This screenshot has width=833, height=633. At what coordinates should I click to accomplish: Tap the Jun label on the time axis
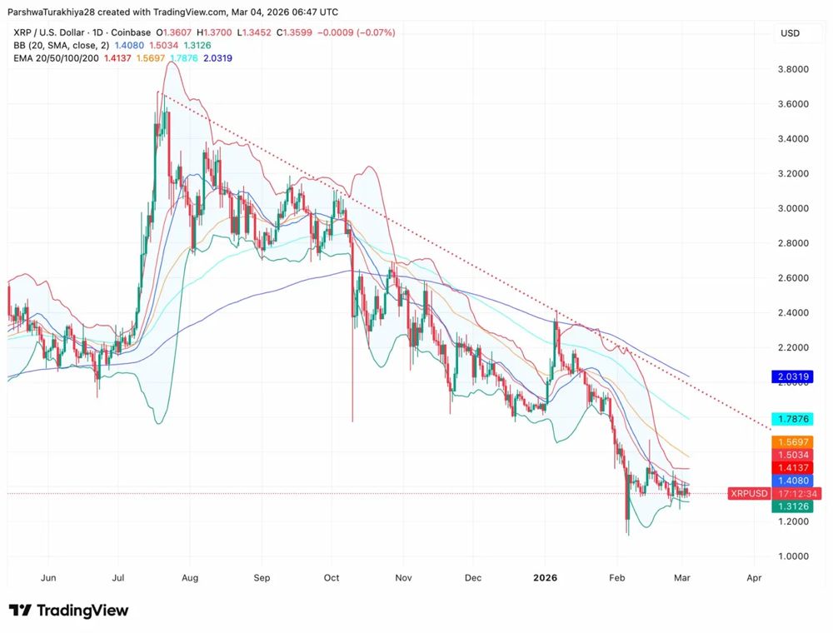[x=48, y=577]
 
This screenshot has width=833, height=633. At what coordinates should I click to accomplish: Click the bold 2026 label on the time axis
[x=546, y=577]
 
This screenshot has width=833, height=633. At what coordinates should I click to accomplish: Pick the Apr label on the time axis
[x=754, y=577]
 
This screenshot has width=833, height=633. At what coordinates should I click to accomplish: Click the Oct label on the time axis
[x=332, y=577]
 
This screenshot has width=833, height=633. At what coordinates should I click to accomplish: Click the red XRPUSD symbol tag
[x=749, y=494]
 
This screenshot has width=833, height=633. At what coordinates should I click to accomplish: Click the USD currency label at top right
[x=790, y=33]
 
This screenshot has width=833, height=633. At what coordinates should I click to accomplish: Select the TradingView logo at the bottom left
[x=69, y=611]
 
